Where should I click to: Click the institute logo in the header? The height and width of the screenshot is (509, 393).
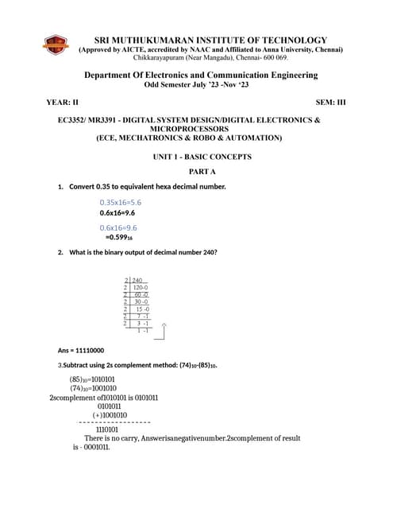55,45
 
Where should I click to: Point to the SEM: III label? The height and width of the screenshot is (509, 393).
330,103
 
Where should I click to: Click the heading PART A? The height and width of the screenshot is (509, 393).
202,172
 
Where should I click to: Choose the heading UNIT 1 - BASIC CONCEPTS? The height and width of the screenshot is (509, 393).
202,157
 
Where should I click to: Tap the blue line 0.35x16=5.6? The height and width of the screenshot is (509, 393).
121,203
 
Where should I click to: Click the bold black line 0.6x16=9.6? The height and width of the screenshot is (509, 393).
118,213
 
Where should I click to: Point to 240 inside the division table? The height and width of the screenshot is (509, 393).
137,281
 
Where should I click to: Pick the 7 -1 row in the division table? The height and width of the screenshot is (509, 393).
143,316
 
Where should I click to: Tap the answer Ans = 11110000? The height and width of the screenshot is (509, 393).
81,350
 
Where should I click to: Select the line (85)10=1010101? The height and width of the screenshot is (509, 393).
92,379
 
